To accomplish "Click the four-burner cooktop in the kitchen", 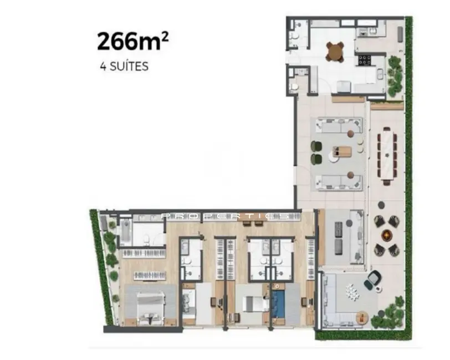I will click(366, 60).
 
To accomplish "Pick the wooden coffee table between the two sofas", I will click(342, 151).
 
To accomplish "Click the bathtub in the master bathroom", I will click(126, 231).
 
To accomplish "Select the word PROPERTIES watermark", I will click(225, 217).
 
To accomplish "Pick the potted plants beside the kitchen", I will click(395, 75).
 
